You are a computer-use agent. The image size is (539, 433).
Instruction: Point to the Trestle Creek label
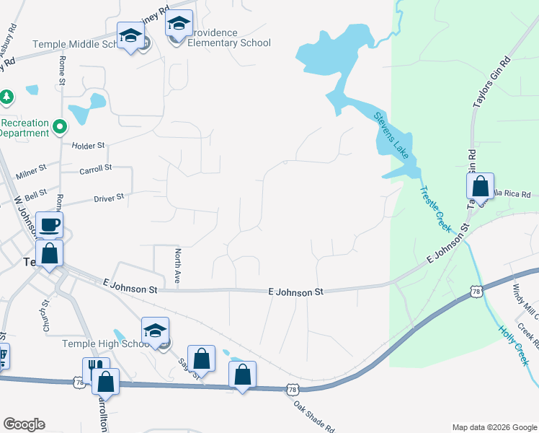[435, 209]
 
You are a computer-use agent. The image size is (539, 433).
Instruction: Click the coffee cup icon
[49, 224]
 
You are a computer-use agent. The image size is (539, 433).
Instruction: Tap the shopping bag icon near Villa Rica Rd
[480, 186]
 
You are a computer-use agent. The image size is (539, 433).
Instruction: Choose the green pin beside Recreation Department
[60, 128]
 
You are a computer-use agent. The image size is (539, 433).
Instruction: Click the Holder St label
[89, 146]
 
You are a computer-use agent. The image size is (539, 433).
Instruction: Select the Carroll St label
[96, 167]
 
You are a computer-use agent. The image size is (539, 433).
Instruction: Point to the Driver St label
[109, 196]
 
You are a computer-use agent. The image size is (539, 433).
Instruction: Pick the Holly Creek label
[512, 343]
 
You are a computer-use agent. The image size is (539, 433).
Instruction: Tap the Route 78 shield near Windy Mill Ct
[474, 291]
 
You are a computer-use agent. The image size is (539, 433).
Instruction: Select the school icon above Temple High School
[155, 331]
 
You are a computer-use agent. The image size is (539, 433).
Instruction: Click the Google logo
[24, 424]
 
